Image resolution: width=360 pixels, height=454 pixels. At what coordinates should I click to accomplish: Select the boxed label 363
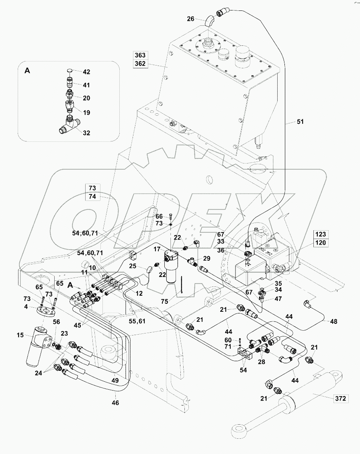coord(141,55)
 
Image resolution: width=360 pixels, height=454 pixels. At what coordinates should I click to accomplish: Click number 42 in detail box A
coord(86,72)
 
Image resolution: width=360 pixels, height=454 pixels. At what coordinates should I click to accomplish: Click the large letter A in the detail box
coord(27,70)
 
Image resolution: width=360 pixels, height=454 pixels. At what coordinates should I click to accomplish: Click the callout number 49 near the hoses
coord(115,380)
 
